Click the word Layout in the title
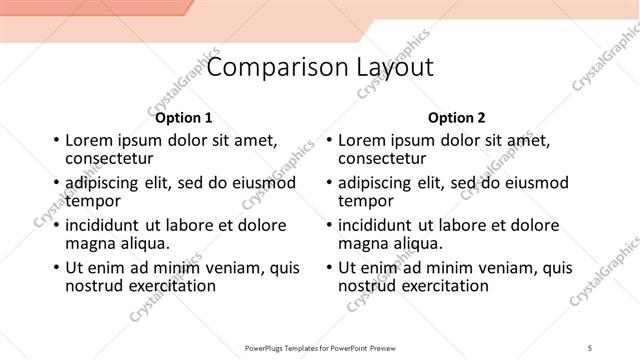click(388, 67)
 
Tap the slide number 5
click(590, 348)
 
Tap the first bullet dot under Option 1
click(55, 141)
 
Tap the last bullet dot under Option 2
click(328, 268)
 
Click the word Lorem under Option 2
click(362, 141)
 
